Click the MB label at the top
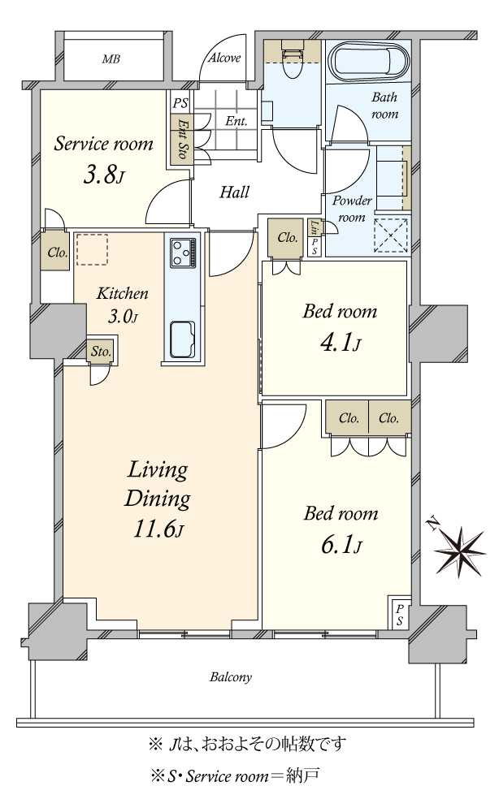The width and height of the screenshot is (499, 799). point(111,59)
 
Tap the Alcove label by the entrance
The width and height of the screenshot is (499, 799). point(224,58)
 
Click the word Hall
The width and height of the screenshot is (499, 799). point(234,192)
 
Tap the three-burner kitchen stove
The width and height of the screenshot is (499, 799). point(183,253)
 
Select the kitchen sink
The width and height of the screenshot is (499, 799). point(182,339)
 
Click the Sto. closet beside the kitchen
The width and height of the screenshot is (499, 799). point(101,352)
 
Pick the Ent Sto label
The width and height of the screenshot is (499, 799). point(182,137)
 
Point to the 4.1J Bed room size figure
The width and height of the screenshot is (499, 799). point(341,343)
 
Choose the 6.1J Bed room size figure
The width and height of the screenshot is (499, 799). point(341,545)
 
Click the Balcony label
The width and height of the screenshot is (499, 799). point(230,677)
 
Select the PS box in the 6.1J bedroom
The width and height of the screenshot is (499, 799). point(400,615)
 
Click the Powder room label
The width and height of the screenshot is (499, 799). point(352,209)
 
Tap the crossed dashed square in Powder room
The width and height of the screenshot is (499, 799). point(391,235)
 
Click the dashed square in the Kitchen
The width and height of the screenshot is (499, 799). point(91,249)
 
